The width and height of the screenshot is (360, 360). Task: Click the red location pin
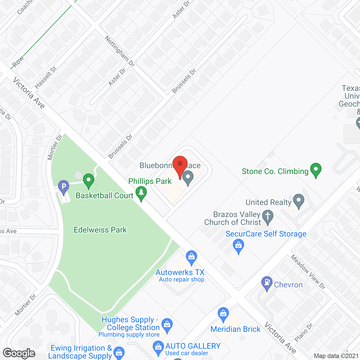coord(180,165)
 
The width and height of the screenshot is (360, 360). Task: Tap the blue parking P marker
coord(64,186)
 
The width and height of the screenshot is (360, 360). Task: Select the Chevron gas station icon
coord(267,283)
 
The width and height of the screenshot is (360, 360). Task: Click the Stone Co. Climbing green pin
coord(316,170)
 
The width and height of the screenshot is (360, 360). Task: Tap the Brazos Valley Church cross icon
coord(268,217)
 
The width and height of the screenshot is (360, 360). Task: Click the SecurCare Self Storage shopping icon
coord(238,246)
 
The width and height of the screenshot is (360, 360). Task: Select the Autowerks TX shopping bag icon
coord(192,257)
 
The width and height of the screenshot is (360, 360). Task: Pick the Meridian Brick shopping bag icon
coord(223,314)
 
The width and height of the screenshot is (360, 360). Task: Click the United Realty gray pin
coord(299,201)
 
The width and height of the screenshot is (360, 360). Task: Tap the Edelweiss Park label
coord(100,230)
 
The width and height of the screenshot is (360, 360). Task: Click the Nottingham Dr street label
coord(120,51)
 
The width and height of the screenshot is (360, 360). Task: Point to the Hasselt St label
coord(46,77)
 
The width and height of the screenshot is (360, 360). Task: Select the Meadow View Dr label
coord(308,272)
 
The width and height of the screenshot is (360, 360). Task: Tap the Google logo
coord(19,353)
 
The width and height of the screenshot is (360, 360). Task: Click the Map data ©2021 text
coord(336,356)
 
